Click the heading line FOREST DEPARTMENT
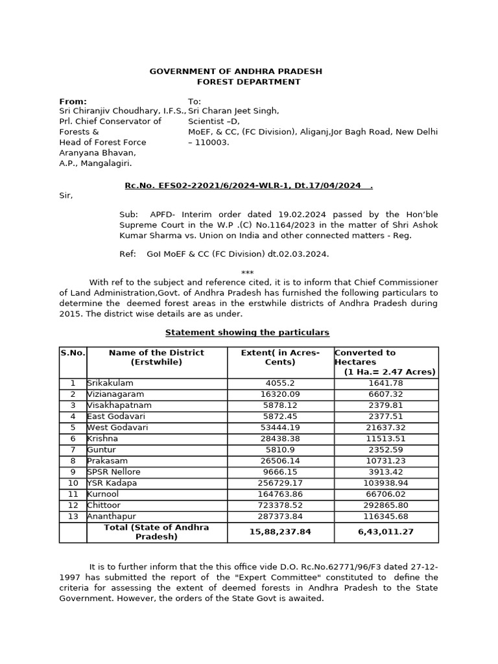click(248, 82)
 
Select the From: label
click(72, 102)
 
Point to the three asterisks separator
click(247, 273)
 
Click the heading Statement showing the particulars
click(247, 333)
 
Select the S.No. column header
click(73, 353)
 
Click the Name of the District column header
click(156, 357)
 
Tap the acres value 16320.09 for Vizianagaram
click(281, 394)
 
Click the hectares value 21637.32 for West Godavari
click(386, 428)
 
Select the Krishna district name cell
click(104, 439)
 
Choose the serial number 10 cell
click(73, 483)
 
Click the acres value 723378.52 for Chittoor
click(281, 505)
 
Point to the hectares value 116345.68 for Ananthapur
click(386, 516)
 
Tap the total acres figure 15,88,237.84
click(281, 532)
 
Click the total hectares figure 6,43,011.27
click(386, 532)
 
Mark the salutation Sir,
click(66, 195)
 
